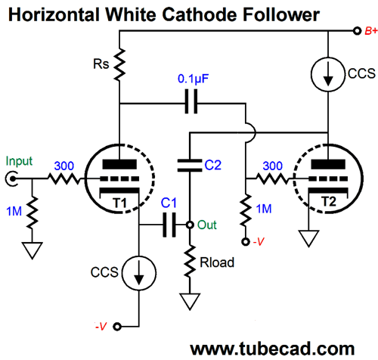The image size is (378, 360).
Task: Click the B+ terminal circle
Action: (x=357, y=31)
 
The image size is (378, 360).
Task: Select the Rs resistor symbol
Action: (x=119, y=65)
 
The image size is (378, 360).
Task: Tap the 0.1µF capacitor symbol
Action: (x=191, y=101)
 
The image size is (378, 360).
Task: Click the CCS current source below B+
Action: (x=328, y=74)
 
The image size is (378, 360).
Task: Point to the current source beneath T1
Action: (x=139, y=273)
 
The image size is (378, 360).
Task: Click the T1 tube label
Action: (x=119, y=203)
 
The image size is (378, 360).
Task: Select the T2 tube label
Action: (x=329, y=202)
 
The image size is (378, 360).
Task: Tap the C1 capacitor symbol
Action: (x=169, y=225)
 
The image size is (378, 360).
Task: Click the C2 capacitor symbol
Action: (x=190, y=166)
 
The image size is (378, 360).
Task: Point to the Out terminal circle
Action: (x=190, y=225)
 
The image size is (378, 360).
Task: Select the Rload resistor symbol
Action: (x=190, y=262)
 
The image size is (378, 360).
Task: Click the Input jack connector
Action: (x=11, y=178)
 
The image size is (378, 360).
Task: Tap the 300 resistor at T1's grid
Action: (x=64, y=178)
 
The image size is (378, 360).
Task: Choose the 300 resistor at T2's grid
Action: (x=273, y=178)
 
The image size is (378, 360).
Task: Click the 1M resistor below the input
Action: (x=32, y=213)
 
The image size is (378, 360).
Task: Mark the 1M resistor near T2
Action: (x=246, y=210)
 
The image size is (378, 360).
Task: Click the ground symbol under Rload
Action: (x=190, y=302)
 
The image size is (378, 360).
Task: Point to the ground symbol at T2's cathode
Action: (x=308, y=238)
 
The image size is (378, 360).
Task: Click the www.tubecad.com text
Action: (x=272, y=349)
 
